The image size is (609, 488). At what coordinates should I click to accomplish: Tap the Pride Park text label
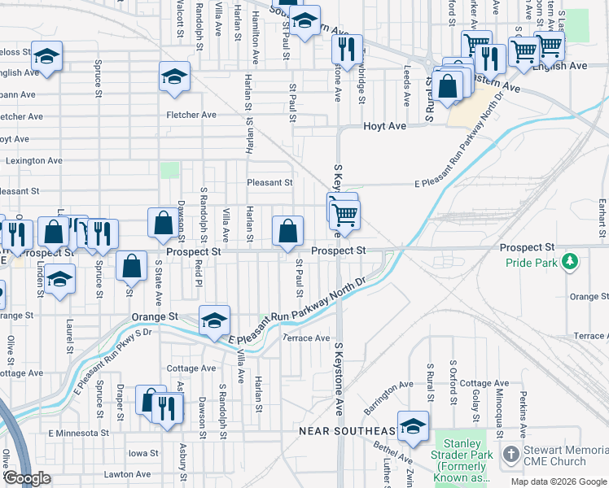pyautogui.click(x=531, y=264)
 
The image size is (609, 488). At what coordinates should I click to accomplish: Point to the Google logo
pyautogui.click(x=27, y=478)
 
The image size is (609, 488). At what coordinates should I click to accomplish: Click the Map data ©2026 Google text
pyautogui.click(x=558, y=481)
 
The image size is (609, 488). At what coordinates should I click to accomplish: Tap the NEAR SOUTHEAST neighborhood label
pyautogui.click(x=348, y=430)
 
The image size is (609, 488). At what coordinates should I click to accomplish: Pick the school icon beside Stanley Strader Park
pyautogui.click(x=414, y=426)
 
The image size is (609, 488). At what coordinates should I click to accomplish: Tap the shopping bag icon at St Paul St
pyautogui.click(x=288, y=231)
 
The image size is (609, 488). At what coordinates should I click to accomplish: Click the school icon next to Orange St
pyautogui.click(x=214, y=320)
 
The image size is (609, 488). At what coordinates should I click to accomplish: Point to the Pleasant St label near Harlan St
pyautogui.click(x=270, y=183)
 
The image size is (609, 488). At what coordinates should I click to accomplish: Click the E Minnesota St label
pyautogui.click(x=78, y=434)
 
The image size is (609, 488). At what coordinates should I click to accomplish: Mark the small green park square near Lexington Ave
pyautogui.click(x=169, y=170)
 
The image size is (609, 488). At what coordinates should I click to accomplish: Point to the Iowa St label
pyautogui.click(x=143, y=453)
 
